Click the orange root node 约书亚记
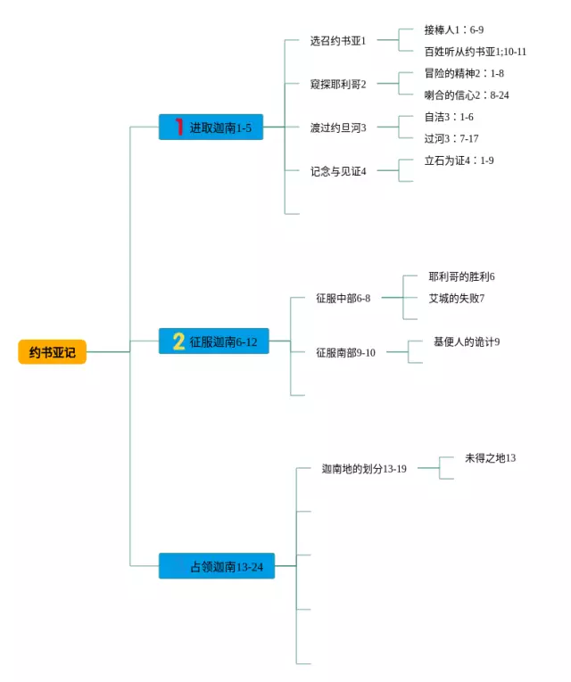pos(52,352)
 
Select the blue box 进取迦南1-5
pos(211,127)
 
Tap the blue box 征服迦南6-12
pos(213,341)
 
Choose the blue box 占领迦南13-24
pos(217,566)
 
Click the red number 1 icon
pos(178,127)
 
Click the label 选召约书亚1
pos(338,40)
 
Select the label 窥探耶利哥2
pos(338,84)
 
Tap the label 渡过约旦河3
pos(338,127)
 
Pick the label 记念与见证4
pos(338,171)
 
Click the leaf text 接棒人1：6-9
pos(454,29)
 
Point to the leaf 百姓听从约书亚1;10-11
pos(475,51)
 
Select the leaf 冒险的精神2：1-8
pos(464,73)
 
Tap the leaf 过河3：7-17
pos(451,138)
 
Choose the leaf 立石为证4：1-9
pos(459,160)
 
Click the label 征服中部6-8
pos(343,298)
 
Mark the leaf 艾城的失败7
pos(456,298)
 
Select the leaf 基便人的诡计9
pos(466,341)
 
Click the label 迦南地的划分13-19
pos(364,468)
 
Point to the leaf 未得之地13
pos(490,458)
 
